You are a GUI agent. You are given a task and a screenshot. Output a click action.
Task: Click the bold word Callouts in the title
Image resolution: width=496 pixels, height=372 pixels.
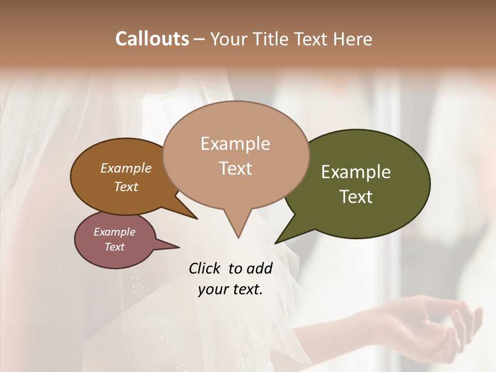coord(152,39)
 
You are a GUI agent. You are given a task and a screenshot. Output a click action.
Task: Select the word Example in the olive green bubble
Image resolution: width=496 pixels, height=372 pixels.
coord(356,172)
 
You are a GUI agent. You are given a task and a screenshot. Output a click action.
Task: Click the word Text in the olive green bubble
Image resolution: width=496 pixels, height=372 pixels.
coord(356,197)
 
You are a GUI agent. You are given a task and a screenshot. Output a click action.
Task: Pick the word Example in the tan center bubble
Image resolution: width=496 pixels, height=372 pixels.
coord(235,144)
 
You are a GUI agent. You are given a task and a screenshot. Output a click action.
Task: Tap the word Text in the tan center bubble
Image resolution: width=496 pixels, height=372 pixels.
coord(235,168)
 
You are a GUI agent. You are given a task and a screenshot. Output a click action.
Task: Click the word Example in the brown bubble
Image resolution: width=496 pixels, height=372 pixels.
coord(126,168)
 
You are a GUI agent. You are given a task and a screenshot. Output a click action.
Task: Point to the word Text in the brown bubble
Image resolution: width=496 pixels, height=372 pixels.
coord(126,187)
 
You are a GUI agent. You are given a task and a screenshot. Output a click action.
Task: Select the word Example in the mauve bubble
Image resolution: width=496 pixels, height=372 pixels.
coord(115,232)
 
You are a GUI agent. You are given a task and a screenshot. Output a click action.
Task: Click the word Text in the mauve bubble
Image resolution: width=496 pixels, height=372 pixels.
coord(115,247)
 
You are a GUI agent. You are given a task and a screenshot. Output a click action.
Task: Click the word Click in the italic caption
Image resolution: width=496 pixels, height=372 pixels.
coord(206,268)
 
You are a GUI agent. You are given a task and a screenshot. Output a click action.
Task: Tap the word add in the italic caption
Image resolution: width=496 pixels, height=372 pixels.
coord(259,268)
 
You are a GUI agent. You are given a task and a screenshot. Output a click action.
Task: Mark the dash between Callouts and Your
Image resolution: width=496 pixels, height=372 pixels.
coord(199,39)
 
